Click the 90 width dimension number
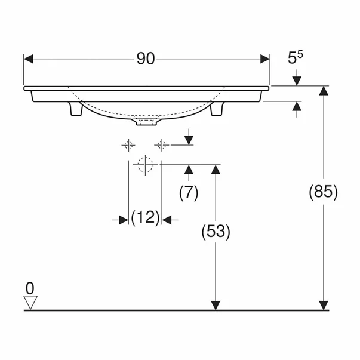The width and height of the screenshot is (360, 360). [146, 59]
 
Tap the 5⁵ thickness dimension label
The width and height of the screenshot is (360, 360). [295, 58]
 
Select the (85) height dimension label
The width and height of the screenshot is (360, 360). [324, 192]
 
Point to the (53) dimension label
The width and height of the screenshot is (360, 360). [216, 231]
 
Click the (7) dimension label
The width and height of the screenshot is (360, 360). [189, 192]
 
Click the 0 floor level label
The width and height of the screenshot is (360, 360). [30, 288]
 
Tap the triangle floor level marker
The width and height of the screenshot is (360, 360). [30, 302]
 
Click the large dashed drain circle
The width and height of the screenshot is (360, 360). [145, 164]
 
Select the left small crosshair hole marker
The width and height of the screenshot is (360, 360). [128, 144]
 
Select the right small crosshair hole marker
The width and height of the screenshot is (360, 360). [161, 144]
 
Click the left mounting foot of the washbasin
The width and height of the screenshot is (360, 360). [76, 109]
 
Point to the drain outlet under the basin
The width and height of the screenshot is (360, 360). [146, 122]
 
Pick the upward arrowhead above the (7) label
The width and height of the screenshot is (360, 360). [189, 171]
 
